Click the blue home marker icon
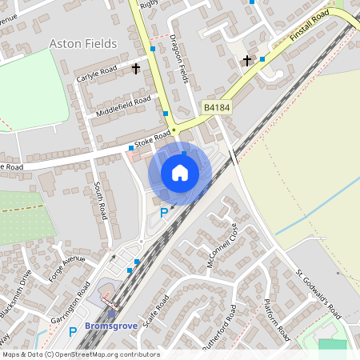(x=180, y=173)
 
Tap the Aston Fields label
(x=83, y=42)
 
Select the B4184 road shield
(x=215, y=106)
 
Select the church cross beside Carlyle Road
(x=136, y=69)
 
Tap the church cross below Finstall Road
(x=247, y=61)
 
